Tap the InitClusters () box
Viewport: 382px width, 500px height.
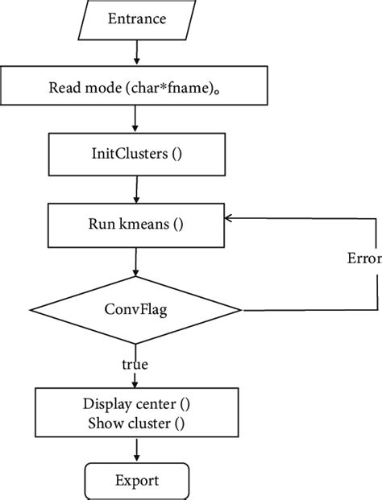click(x=135, y=155)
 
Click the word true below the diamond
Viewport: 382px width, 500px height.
click(x=135, y=365)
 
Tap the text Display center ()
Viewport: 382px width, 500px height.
click(x=135, y=403)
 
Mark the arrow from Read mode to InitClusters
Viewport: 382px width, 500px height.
click(x=135, y=120)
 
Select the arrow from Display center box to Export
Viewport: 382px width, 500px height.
click(x=135, y=451)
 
